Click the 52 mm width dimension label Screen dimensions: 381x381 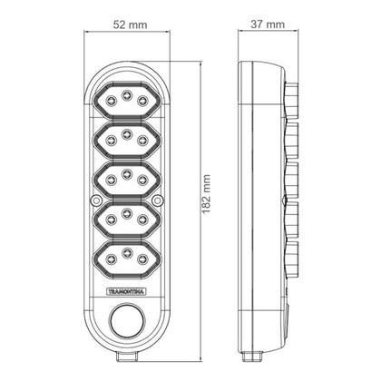[131, 24]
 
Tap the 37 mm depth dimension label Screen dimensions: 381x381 [268, 24]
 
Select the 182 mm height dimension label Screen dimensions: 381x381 [207, 194]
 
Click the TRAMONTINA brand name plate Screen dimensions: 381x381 [127, 292]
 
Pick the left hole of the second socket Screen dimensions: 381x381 [112, 140]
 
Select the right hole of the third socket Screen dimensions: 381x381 [142, 180]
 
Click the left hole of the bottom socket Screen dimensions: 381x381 [112, 259]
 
